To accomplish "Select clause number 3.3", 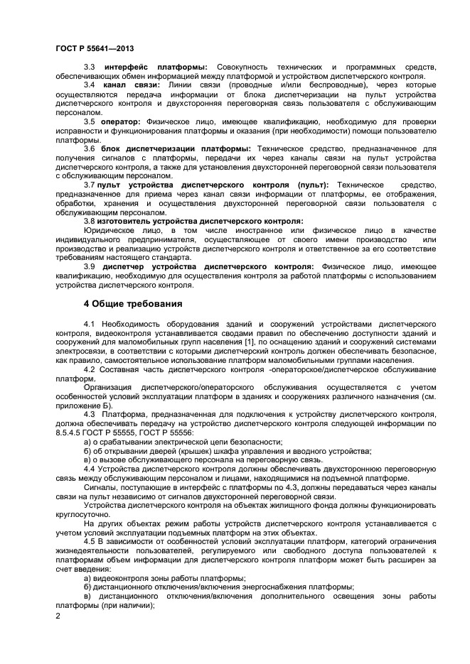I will click(x=90, y=67).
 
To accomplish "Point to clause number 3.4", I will click(x=90, y=85).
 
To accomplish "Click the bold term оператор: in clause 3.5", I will click(x=121, y=121).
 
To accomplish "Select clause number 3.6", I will click(x=90, y=148).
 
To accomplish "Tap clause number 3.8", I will click(x=90, y=221).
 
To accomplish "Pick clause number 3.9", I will click(x=90, y=266).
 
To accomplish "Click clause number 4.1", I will click(x=90, y=323).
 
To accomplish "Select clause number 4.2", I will click(x=90, y=369).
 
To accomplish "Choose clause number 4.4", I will click(x=90, y=469).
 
